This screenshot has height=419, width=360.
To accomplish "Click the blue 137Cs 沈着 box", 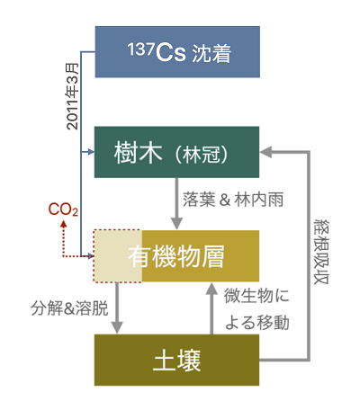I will (x=177, y=52).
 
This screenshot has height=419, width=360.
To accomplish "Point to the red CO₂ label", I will (x=62, y=209).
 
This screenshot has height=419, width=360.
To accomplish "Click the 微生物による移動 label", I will (x=255, y=308).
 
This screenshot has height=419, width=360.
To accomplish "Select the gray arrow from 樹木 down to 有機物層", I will (x=178, y=202).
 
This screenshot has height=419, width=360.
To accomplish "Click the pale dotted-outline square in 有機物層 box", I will (x=118, y=255).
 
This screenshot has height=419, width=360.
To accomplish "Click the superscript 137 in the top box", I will (x=136, y=48).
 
